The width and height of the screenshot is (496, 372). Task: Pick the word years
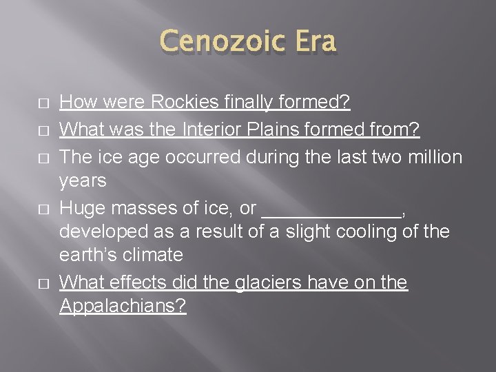point(83,180)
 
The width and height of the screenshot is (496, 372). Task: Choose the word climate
point(154,255)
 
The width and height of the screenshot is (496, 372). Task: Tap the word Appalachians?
point(123,306)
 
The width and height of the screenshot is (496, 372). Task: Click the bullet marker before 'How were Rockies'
point(23,104)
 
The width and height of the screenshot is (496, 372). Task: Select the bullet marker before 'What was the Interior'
point(23,131)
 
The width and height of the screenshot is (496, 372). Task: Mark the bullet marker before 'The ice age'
point(23,158)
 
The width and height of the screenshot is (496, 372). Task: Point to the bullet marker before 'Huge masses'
point(23,209)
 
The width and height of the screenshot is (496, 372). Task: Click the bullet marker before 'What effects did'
point(23,283)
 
